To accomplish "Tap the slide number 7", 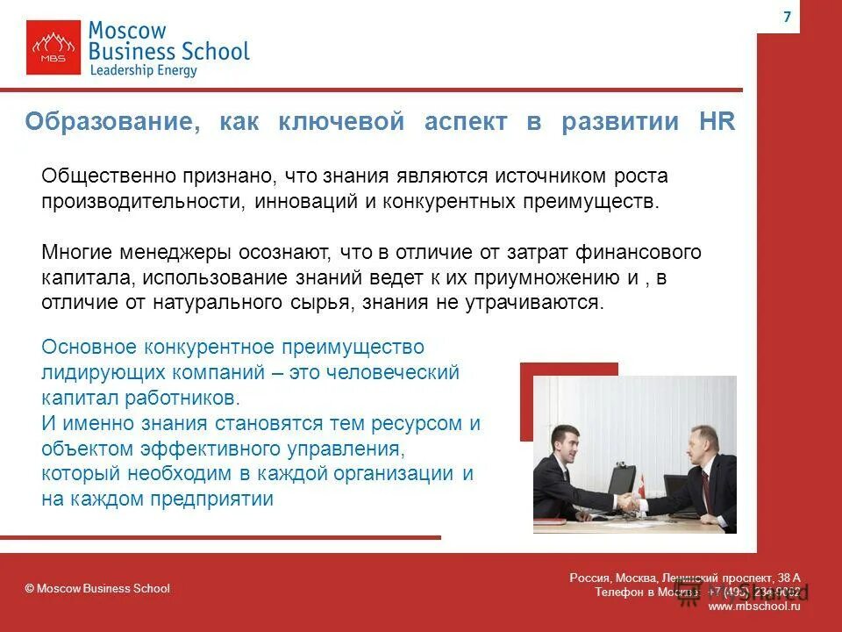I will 786,18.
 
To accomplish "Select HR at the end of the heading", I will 717,122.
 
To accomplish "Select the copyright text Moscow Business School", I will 97,588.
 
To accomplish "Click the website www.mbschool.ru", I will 753,607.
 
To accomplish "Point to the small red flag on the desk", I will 641,482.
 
